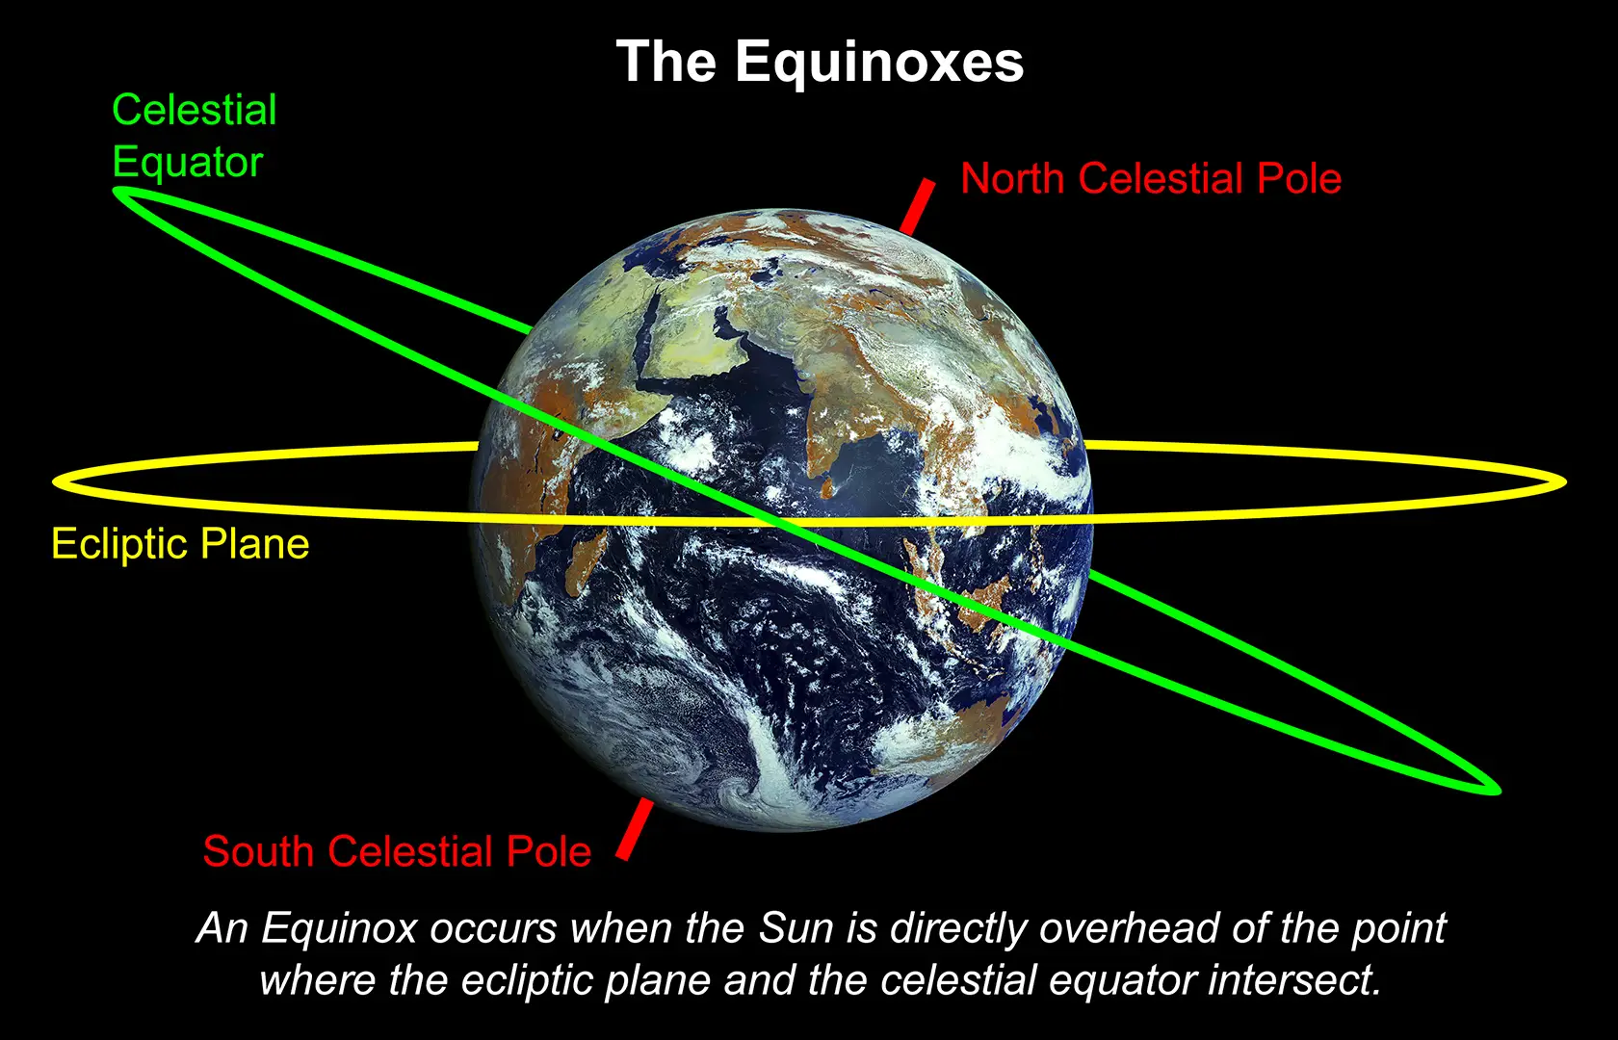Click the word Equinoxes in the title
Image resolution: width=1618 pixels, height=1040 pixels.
[x=879, y=64]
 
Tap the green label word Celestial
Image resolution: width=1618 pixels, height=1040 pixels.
[x=195, y=110]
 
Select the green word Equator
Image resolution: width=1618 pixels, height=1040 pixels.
[x=188, y=162]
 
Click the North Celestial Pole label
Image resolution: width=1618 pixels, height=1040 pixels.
[x=1151, y=179]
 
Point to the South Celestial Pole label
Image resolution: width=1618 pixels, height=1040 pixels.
[x=397, y=852]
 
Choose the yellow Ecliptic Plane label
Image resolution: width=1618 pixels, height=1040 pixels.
[x=180, y=544]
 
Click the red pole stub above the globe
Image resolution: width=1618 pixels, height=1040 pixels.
[x=918, y=206]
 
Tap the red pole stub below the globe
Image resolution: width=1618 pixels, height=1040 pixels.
[x=636, y=828]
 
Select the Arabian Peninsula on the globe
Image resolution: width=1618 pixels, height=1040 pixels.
[x=693, y=347]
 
